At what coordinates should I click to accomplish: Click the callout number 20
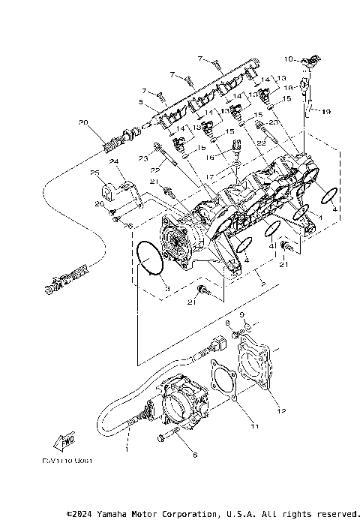(82, 122)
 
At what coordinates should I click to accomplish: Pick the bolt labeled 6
(166, 435)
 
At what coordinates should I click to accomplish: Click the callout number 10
(288, 58)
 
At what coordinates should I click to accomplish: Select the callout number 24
(113, 161)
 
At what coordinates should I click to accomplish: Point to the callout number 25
(95, 173)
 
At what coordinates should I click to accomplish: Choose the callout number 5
(139, 103)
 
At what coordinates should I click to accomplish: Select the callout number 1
(127, 449)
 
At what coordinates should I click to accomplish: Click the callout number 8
(227, 323)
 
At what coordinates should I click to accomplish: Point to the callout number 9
(241, 315)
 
